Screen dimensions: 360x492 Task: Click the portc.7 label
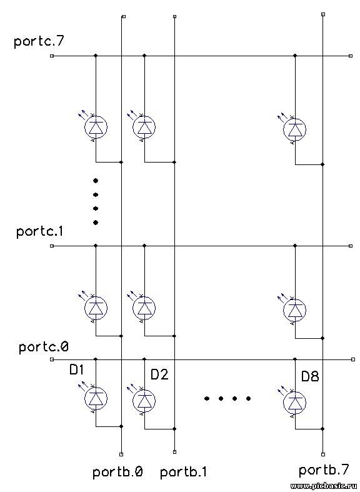point(39,42)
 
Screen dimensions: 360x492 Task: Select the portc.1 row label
point(40,231)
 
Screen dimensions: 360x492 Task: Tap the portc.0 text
point(44,348)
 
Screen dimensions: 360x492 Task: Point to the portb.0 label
point(118,472)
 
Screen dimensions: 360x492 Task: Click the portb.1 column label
point(184,472)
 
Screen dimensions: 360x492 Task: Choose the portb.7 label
point(324,470)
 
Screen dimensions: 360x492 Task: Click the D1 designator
point(76,370)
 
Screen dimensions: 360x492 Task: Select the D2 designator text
point(159,374)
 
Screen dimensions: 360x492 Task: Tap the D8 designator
point(310,376)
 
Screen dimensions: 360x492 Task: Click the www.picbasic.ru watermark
point(324,486)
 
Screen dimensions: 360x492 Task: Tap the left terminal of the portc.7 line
point(52,56)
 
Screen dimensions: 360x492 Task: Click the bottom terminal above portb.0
point(121,454)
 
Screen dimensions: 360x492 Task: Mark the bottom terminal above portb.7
point(323,454)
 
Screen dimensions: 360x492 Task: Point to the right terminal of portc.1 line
point(351,246)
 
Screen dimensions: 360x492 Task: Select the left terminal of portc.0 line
point(52,359)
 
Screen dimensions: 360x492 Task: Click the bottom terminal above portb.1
point(174,452)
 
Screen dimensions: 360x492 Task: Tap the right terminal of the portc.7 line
point(351,56)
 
